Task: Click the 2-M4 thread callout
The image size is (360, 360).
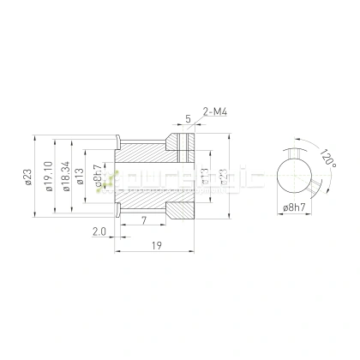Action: coord(215,111)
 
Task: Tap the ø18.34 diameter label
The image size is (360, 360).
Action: coord(64,176)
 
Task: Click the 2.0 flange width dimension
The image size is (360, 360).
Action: coord(99,231)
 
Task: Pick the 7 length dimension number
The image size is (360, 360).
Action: coord(142,221)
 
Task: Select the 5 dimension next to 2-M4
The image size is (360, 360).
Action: coord(187,119)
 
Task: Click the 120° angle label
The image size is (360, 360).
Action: coord(327,159)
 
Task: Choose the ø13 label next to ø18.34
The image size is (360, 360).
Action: coord(80,177)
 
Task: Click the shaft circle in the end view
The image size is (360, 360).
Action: coord(295,176)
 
